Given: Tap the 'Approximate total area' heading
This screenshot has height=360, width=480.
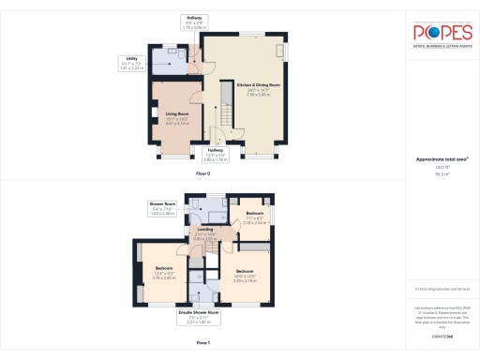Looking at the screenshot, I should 441,160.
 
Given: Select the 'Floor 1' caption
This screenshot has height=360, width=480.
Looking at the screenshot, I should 215,344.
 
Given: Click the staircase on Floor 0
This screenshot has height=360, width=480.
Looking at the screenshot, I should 225,104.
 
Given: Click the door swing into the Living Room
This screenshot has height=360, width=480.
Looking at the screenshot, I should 193,97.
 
